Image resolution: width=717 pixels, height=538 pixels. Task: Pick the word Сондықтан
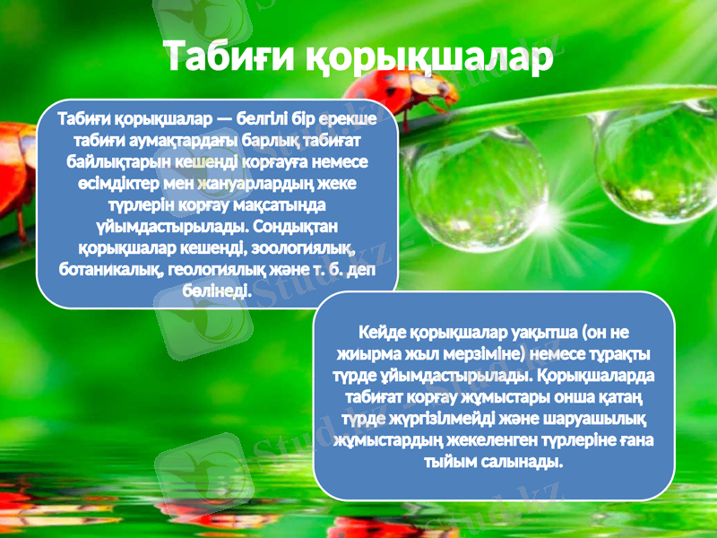click(x=298, y=226)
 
